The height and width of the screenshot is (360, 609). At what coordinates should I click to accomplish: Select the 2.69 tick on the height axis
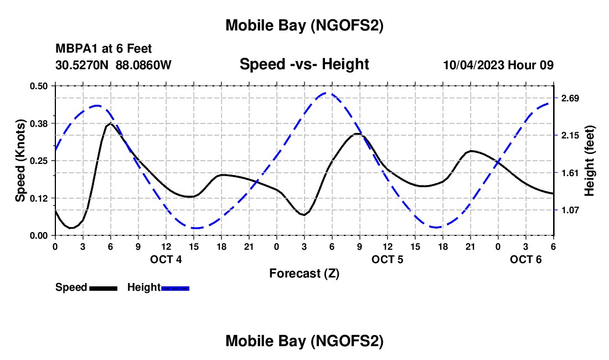coord(570,99)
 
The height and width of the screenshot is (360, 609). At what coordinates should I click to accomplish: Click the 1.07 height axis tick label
coord(570,210)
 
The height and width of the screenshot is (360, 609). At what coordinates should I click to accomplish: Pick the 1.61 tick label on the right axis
coord(570,173)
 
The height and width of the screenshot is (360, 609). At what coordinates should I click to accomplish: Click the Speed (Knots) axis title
coord(20,161)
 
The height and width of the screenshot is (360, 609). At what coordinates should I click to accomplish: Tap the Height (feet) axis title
coord(590,161)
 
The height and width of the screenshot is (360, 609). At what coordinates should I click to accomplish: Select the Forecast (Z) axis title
coord(304,273)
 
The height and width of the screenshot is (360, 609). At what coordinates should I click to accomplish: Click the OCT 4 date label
coord(166,259)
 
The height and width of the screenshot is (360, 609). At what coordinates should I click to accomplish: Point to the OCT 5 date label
coord(388,259)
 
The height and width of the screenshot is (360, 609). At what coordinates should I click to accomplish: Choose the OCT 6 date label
coord(526,259)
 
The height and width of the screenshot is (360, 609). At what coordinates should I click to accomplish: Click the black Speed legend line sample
coord(104,288)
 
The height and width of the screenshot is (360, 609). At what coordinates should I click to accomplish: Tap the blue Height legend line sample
coord(176,288)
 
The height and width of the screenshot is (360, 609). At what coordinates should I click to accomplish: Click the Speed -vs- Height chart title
coord(304,64)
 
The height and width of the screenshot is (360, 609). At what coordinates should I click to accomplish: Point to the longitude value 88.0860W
coord(144,65)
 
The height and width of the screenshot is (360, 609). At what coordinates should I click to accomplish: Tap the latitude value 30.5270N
coord(82,65)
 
